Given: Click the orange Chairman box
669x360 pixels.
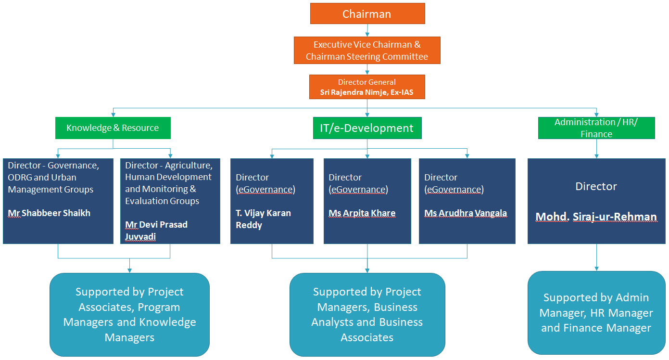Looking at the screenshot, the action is tap(367, 13).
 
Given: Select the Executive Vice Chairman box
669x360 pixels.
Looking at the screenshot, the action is tap(367, 50).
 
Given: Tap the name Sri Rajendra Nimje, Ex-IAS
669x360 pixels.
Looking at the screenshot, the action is tap(367, 92).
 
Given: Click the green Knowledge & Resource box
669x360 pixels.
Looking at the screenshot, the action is tap(113, 128).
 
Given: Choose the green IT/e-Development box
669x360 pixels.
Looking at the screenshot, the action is tap(367, 128).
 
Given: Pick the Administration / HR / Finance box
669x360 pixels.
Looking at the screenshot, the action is tap(596, 128).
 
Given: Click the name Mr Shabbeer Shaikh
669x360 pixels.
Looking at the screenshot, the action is tap(49, 213).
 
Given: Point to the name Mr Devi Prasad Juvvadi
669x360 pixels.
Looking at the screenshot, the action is tap(156, 231).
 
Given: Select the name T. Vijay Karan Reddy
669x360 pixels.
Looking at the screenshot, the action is tap(263, 219).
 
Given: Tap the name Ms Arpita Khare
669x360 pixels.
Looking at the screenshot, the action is tap(362, 213).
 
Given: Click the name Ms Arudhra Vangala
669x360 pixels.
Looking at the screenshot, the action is tap(466, 213).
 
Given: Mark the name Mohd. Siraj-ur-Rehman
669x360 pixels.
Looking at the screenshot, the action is tap(596, 217).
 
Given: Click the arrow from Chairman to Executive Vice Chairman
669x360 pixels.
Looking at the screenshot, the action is tap(367, 30).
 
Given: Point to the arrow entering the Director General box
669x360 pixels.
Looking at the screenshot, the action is tap(367, 69).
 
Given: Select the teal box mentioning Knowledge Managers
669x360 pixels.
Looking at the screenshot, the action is tap(130, 315).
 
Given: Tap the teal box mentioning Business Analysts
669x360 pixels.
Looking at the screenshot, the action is tap(367, 315).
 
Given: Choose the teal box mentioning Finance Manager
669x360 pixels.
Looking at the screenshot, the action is tap(596, 313).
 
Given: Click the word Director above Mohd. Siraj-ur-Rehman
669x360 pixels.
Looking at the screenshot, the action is tap(596, 186).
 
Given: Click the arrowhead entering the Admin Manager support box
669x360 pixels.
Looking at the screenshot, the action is tap(596, 269).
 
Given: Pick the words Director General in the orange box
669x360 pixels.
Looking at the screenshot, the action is tap(367, 82).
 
